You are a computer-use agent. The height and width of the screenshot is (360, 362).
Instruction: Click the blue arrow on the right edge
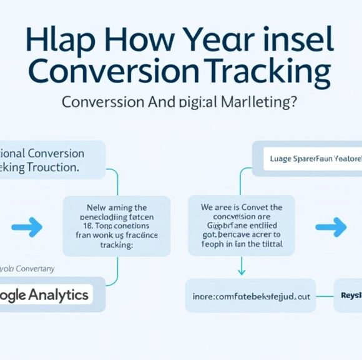tap(330, 227)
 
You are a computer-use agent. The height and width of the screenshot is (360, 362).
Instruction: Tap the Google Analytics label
tap(45, 294)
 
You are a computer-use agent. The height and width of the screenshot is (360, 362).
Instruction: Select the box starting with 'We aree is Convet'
tap(241, 226)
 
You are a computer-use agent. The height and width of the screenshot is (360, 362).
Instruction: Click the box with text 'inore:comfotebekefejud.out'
tap(250, 296)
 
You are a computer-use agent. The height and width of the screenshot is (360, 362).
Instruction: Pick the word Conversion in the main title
tap(114, 73)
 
